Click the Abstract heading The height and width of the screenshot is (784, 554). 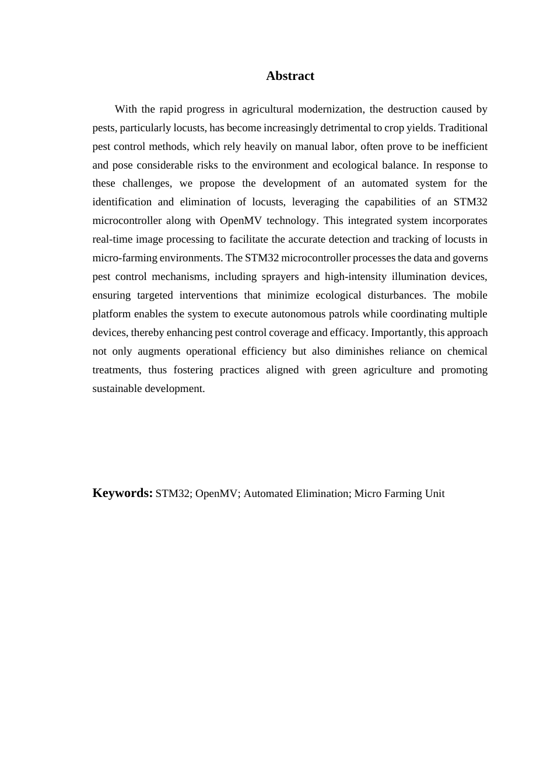coord(290,76)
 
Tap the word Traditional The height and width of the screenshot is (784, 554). coord(463,128)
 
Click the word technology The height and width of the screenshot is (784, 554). coord(293,220)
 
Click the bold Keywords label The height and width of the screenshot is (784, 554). coord(122,493)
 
